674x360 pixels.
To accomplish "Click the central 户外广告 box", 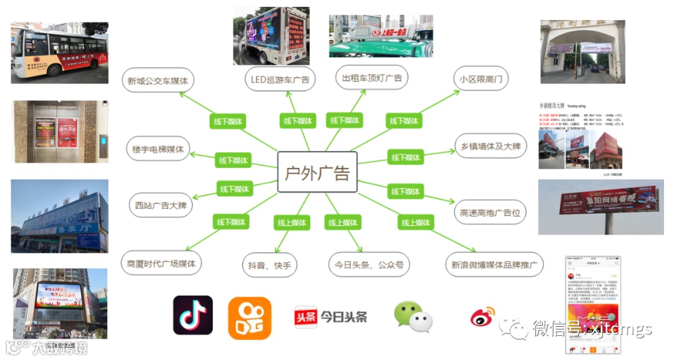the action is point(317,172).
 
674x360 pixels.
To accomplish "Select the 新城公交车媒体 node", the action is point(157,80).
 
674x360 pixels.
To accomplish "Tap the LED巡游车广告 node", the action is point(280,80).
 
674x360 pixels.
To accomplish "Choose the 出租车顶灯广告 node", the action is point(371,78).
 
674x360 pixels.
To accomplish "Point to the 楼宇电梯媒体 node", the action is point(158,150).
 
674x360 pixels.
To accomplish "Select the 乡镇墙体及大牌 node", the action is point(491,147).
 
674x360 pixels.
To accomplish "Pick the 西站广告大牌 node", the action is point(160,205).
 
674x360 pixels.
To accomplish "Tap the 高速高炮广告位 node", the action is point(490,212).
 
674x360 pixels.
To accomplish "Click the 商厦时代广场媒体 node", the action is point(161,264).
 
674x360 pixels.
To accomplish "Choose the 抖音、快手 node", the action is point(269,265).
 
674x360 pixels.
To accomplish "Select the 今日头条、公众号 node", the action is point(368,265).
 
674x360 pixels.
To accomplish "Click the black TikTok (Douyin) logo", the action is point(192,315).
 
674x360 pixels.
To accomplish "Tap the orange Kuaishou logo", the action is point(250,318).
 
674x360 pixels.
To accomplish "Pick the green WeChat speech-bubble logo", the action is point(413,316).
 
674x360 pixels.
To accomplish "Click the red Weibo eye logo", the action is point(482,316).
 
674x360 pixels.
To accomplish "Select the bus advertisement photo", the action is point(59,53).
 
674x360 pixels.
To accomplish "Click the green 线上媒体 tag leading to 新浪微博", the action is point(416,223).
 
